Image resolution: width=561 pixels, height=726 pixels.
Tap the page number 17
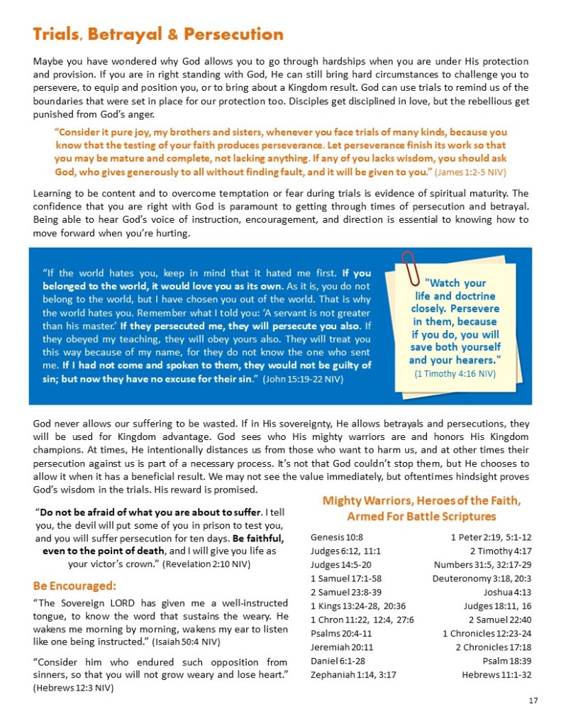[533, 701]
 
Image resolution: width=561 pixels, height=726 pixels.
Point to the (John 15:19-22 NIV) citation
[303, 379]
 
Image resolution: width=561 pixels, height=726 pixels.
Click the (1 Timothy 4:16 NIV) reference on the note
[455, 373]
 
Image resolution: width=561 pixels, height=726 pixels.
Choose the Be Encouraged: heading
[74, 586]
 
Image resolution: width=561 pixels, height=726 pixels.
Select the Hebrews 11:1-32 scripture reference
[496, 674]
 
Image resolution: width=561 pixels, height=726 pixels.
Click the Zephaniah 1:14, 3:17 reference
[352, 674]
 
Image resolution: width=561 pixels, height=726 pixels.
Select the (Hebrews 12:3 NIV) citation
[74, 688]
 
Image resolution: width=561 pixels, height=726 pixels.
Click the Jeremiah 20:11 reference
[340, 647]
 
